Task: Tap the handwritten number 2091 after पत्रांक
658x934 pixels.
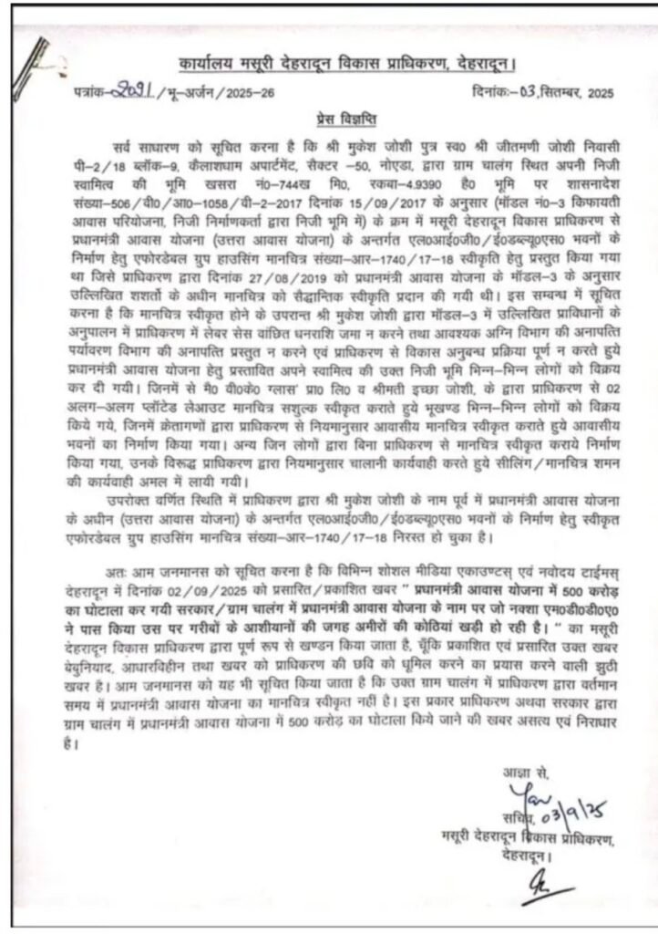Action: (x=134, y=91)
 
